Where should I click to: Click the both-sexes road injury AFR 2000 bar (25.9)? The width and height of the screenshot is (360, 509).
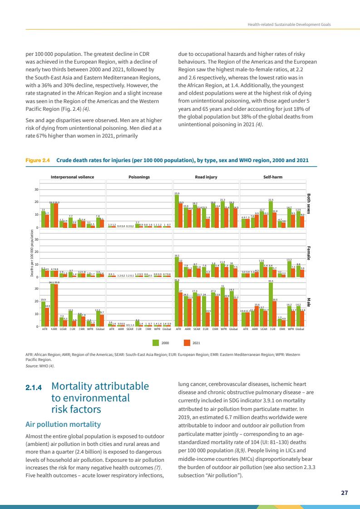177,211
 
